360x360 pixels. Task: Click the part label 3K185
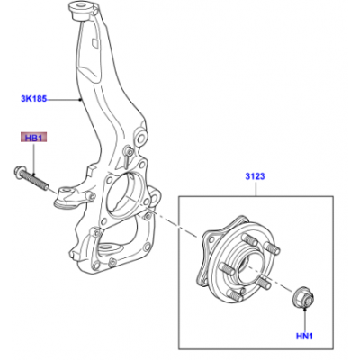(x=34, y=98)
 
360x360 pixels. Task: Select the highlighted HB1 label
(x=33, y=139)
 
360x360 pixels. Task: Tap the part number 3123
(x=255, y=176)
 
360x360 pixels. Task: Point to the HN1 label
(x=304, y=337)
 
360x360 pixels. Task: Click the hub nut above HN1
(x=303, y=297)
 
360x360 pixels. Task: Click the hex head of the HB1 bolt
(x=19, y=170)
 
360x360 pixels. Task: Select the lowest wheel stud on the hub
(x=235, y=294)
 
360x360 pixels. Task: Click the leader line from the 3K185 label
(x=64, y=99)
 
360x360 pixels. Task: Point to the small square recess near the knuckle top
(x=95, y=43)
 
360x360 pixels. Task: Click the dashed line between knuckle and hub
(x=174, y=223)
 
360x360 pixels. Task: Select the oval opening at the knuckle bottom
(x=106, y=247)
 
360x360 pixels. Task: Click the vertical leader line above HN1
(x=304, y=319)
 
